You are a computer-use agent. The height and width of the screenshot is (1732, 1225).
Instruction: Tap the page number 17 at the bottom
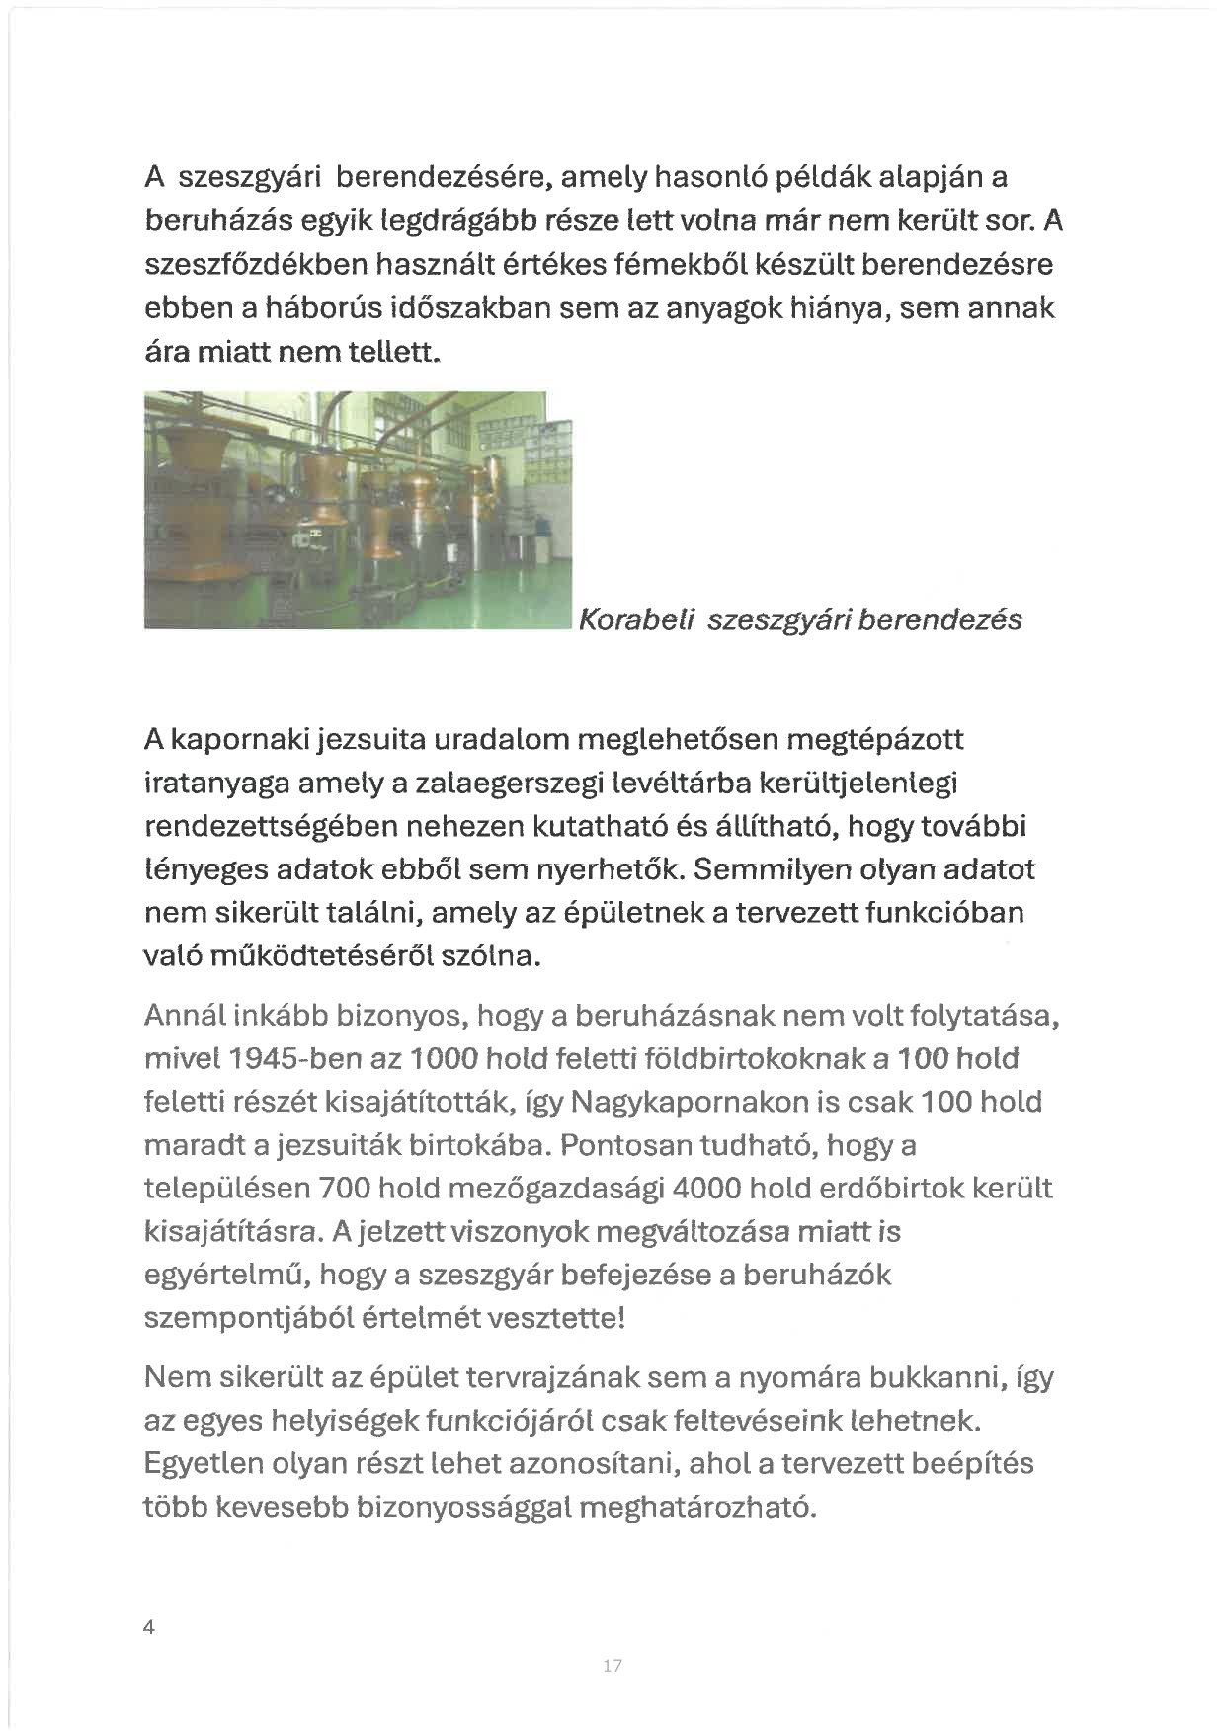pos(612,1666)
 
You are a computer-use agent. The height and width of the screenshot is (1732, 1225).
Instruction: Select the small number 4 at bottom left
pos(149,1628)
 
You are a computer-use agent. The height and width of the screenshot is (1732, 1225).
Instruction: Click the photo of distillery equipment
pos(359,509)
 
